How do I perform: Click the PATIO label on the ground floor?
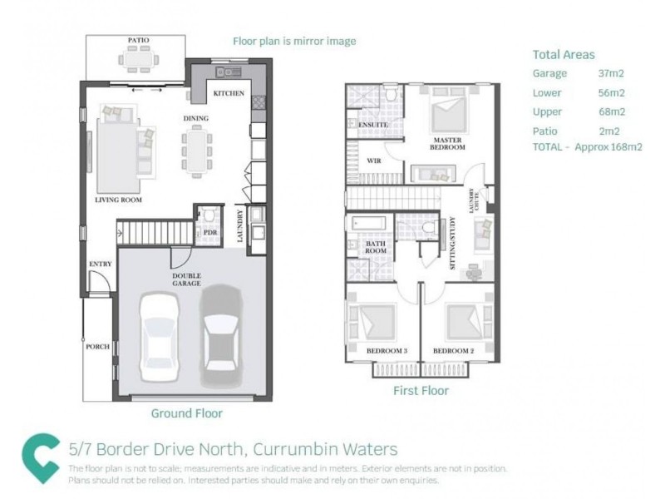[138, 40]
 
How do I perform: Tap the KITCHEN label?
[229, 94]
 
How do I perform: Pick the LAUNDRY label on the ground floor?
[239, 227]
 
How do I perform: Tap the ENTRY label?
[100, 264]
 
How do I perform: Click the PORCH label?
[97, 346]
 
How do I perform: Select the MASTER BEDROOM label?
[447, 142]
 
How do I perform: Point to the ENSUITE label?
[374, 125]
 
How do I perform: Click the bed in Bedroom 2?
[462, 320]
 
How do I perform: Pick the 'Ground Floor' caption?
[186, 413]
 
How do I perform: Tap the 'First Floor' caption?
[420, 390]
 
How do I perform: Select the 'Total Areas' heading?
[564, 55]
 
